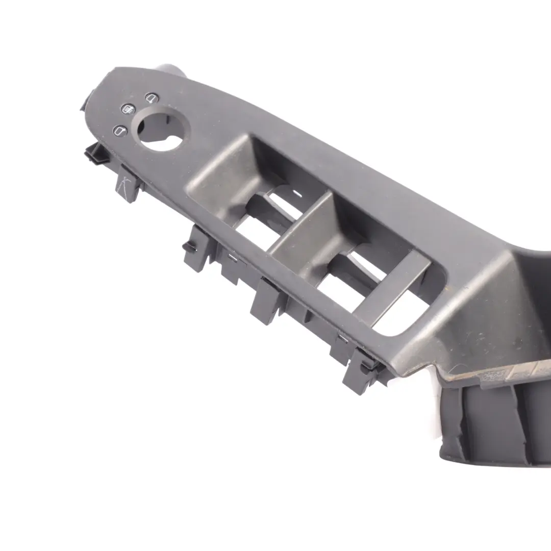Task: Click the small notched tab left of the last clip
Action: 339,347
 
